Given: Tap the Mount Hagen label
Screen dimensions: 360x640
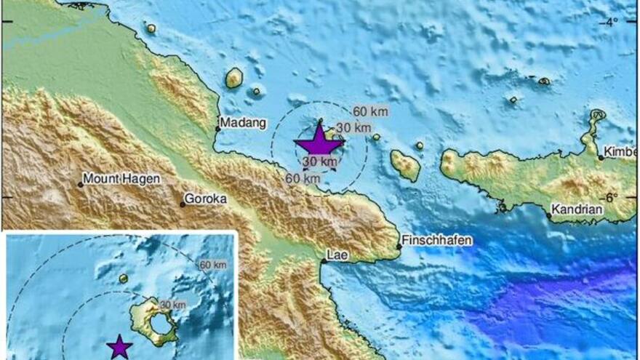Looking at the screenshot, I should [121, 177].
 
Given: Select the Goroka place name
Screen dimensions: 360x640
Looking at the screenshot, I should [207, 197].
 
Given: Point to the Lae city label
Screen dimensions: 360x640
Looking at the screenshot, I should [335, 255].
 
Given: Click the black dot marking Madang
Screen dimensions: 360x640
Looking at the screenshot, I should [217, 129].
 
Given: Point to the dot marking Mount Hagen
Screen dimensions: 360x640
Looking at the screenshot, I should [80, 184].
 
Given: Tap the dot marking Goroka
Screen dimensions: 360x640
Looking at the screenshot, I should [182, 204].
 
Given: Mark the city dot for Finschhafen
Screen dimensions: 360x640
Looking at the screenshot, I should [399, 247].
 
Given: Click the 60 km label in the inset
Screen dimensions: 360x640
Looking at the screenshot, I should [212, 263].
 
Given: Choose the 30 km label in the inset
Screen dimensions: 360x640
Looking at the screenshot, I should [169, 304].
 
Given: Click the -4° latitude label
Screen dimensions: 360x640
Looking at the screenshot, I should [612, 21].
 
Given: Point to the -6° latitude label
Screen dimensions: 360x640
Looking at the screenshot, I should [611, 197].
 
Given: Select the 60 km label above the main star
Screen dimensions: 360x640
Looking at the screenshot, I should [370, 111].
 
